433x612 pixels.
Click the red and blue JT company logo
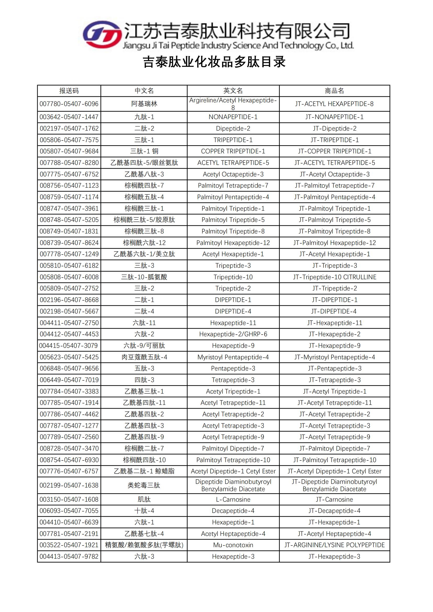102,35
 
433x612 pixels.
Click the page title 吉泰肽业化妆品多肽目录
214,62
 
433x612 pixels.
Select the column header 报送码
69,91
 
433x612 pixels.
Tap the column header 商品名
334,91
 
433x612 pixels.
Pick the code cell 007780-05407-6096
69,104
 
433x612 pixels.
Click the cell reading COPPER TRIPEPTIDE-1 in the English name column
233,151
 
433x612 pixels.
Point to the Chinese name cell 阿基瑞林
144,104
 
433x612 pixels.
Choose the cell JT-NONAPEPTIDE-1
334,117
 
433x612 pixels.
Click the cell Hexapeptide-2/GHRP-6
233,334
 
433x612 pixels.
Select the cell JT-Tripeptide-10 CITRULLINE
334,277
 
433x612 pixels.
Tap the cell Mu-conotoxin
233,545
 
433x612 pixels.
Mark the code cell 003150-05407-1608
69,499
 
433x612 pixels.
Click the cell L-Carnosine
233,499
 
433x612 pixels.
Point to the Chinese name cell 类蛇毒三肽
144,485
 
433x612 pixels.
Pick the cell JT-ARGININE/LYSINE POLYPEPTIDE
334,545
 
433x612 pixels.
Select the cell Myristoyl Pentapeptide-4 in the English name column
233,357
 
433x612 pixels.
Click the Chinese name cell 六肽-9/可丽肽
144,346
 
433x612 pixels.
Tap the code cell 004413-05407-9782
69,557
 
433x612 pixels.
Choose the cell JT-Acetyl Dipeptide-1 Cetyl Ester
334,471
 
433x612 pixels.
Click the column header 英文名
233,91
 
